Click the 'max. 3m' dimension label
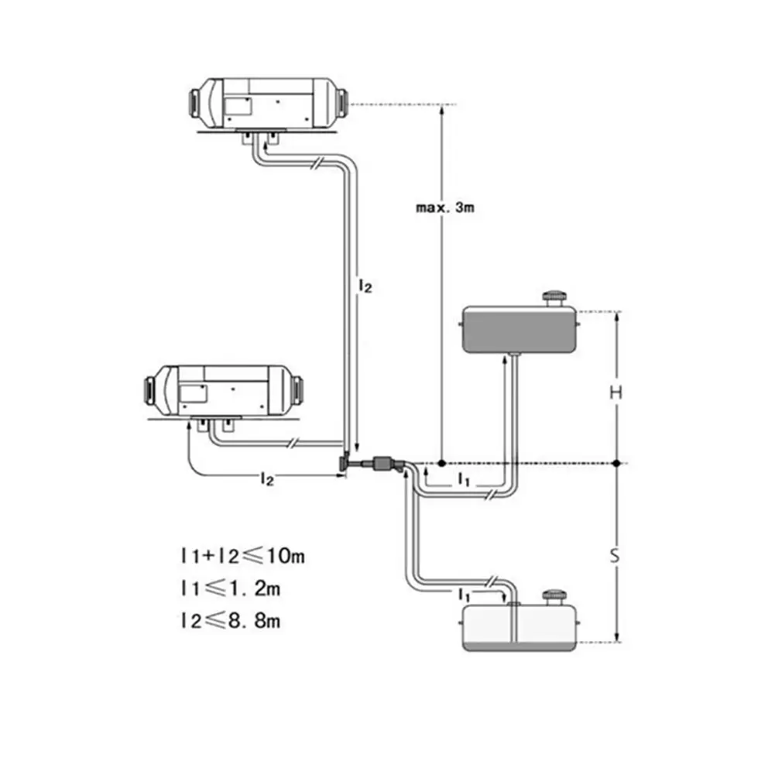point(445,207)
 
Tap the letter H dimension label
point(616,393)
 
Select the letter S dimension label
point(615,556)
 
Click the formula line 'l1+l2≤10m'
point(242,556)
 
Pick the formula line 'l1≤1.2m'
point(230,588)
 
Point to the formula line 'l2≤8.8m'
point(230,620)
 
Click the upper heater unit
point(269,104)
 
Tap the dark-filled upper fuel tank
point(519,330)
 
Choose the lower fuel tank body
point(519,628)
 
